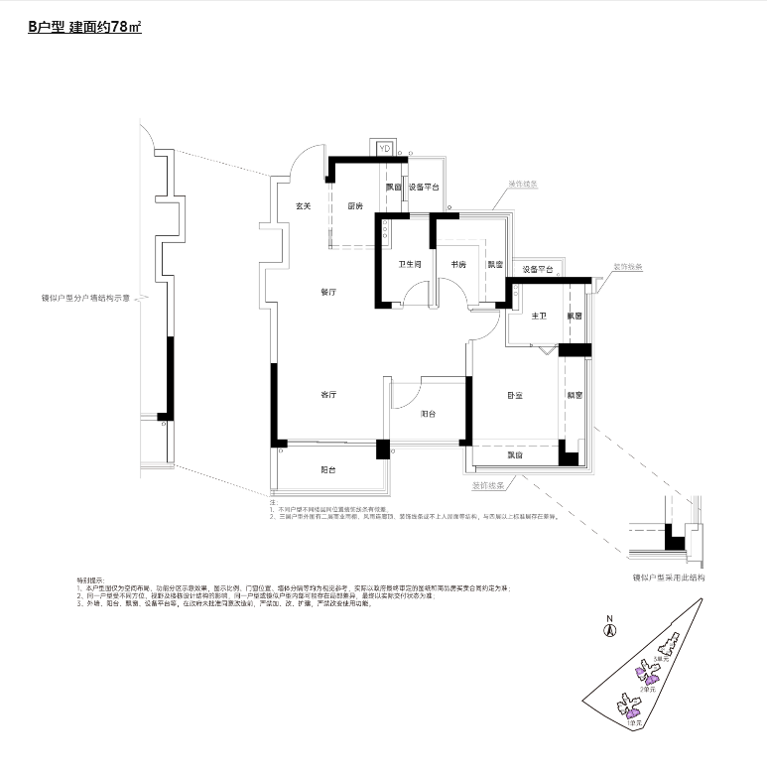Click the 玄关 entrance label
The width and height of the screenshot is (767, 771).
click(304, 206)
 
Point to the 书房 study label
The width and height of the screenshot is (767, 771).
click(458, 265)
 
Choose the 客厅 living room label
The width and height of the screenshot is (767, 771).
click(329, 395)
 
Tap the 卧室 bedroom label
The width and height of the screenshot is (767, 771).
click(515, 395)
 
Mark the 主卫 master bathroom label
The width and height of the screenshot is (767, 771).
click(539, 317)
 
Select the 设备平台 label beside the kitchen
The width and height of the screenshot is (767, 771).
click(424, 188)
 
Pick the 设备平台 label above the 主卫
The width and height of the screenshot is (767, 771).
click(537, 269)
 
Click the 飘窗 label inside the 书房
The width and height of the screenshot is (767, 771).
click(494, 265)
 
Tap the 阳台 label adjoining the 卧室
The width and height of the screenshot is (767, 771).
click(429, 413)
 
